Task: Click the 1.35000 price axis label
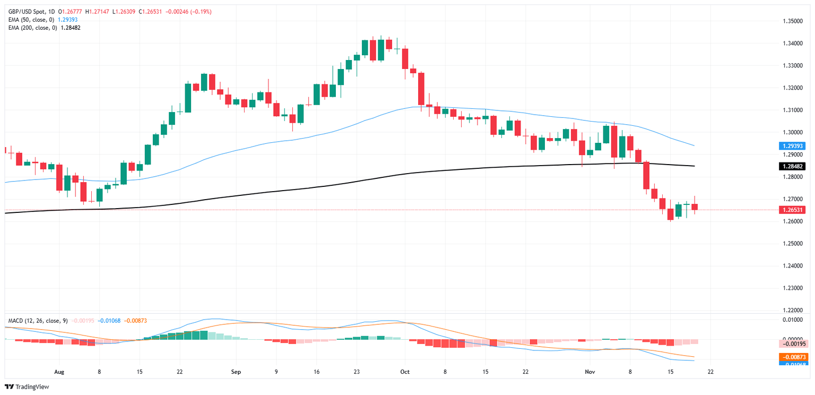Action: point(793,21)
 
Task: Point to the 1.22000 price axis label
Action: point(793,310)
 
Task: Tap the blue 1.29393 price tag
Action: point(792,145)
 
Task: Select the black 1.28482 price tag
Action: point(792,166)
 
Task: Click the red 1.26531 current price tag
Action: point(792,210)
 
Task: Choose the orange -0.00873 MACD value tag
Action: point(792,357)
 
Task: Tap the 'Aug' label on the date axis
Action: point(59,372)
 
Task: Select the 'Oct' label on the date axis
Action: point(405,372)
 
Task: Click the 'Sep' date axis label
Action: point(236,372)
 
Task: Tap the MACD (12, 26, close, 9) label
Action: point(37,321)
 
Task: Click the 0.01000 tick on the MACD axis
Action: point(793,319)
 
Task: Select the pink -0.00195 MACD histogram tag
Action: point(792,344)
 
